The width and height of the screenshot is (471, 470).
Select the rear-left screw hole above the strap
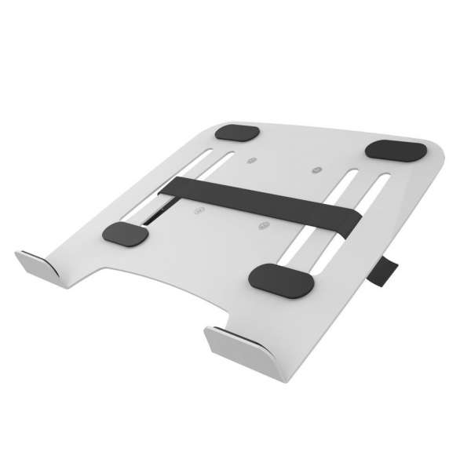click(251, 161)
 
